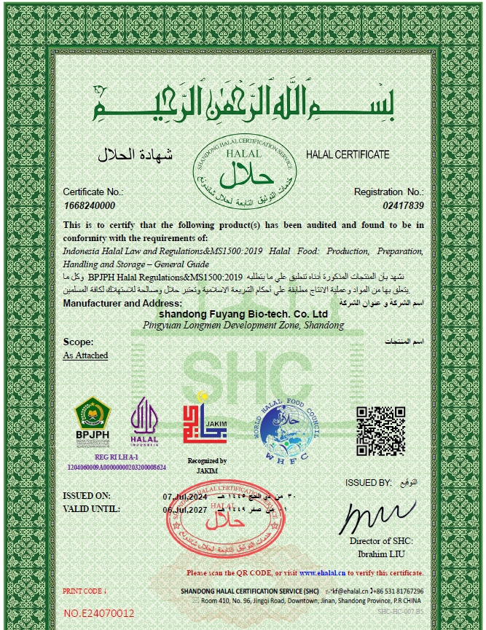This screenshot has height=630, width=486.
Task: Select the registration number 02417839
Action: (x=403, y=206)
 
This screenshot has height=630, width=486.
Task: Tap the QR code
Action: (x=379, y=427)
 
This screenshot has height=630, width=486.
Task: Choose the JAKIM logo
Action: (x=205, y=425)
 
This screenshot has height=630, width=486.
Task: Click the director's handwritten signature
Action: (x=383, y=516)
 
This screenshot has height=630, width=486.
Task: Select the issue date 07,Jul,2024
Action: (x=185, y=497)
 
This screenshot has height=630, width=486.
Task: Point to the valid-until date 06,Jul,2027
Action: (x=185, y=510)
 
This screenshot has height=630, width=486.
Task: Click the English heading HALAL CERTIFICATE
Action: (x=348, y=155)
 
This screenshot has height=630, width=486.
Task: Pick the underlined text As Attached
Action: (x=85, y=355)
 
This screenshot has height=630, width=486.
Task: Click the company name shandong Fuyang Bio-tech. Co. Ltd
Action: (x=240, y=314)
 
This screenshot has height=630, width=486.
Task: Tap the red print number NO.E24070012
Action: (x=99, y=613)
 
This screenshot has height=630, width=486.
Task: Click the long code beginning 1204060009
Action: (x=116, y=467)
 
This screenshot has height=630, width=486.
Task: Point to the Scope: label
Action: (x=78, y=342)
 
